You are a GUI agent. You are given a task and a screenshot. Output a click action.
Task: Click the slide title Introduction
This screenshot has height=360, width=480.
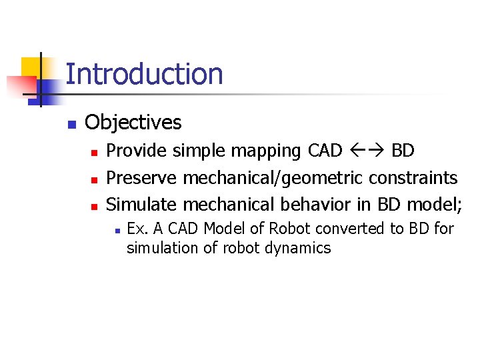click(x=144, y=74)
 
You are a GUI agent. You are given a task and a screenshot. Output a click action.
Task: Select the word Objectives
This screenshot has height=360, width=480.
click(x=133, y=123)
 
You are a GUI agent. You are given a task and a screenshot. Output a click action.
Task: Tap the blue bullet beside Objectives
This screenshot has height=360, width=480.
click(x=72, y=124)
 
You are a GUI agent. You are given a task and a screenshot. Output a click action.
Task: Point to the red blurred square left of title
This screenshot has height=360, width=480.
click(x=20, y=85)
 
